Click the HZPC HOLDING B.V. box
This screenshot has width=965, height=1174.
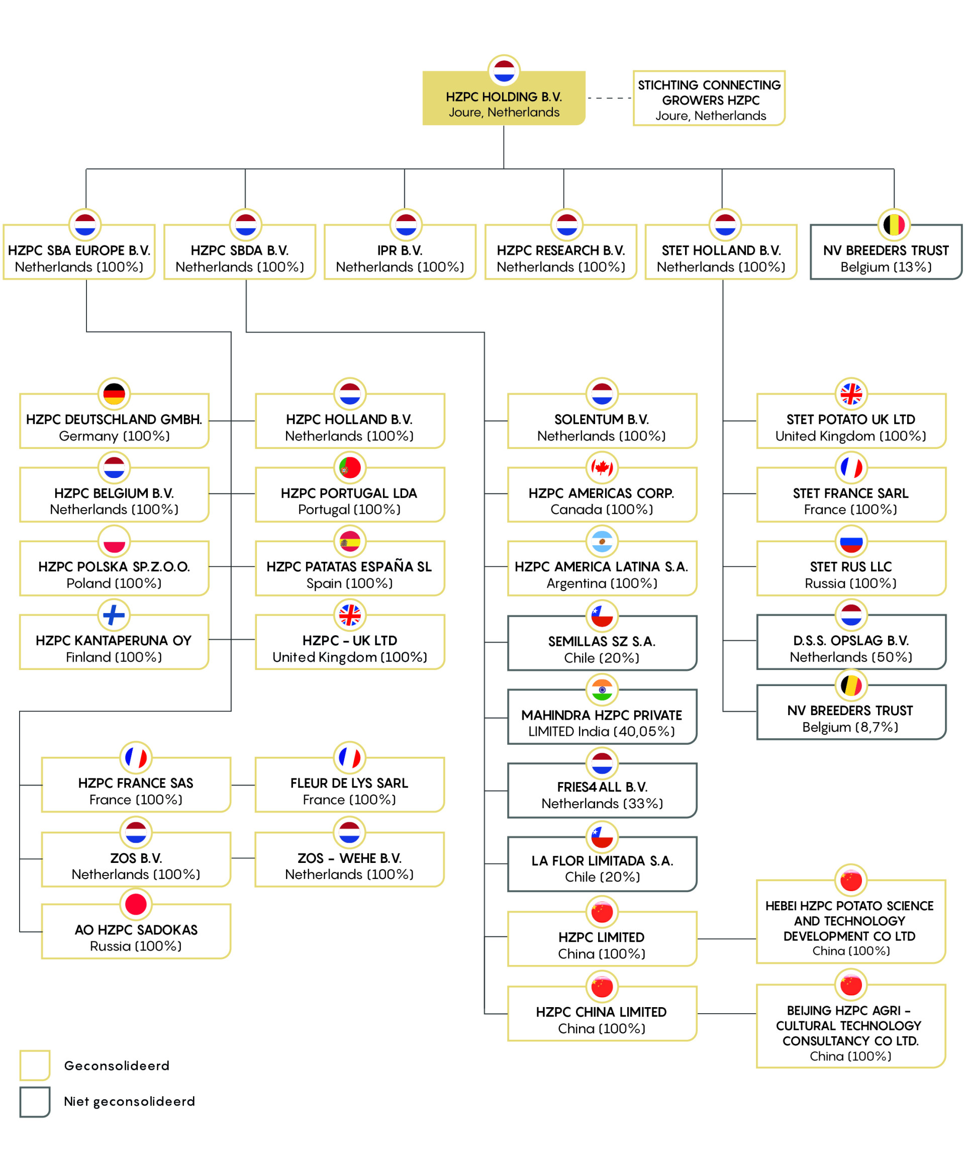pos(504,99)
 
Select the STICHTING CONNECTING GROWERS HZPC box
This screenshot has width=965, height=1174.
pos(709,99)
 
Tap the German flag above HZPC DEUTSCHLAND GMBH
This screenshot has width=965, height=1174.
pos(114,394)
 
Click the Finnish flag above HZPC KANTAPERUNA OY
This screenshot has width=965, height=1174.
pos(114,615)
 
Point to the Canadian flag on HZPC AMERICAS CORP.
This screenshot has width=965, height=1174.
pos(602,467)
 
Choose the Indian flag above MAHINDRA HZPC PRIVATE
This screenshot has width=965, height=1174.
pos(602,690)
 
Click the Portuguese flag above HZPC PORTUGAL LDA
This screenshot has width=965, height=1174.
pos(350,467)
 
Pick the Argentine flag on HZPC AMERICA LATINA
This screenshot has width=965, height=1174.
pos(602,541)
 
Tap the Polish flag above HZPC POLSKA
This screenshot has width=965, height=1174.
pos(114,541)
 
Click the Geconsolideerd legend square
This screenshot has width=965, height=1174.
pos(35,1065)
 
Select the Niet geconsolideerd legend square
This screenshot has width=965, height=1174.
pos(35,1102)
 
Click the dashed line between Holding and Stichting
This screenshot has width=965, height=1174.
pos(609,99)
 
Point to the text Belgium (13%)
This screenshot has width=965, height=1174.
pos(886,267)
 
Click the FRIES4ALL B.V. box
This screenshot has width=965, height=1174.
pos(602,790)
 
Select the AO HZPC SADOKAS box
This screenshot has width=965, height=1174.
pos(136,931)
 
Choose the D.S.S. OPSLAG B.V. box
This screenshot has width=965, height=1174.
pos(851,642)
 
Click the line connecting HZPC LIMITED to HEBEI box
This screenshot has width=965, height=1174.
pos(727,939)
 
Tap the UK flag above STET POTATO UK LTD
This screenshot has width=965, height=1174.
pos(851,394)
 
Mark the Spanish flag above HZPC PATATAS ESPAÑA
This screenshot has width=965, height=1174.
pos(350,541)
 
